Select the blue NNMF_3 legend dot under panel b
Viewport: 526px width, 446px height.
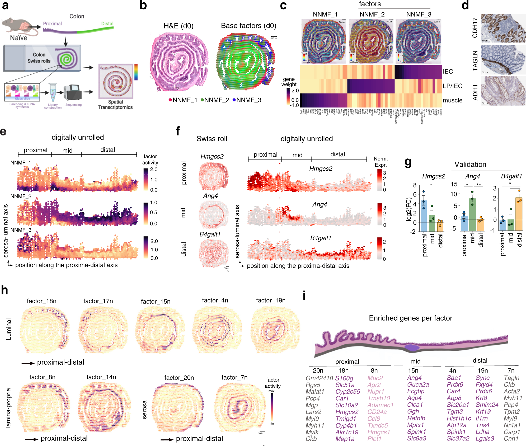click(234, 100)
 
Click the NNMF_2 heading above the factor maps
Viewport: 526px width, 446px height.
click(372, 15)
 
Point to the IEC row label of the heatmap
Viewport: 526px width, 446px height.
click(448, 72)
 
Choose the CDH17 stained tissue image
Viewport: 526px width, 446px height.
click(503, 28)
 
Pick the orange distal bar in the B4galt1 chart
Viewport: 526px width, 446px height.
click(519, 214)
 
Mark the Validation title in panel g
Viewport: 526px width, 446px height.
click(470, 165)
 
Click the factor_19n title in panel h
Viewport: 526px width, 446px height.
click(271, 301)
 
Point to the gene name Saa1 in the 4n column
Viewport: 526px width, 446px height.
click(454, 378)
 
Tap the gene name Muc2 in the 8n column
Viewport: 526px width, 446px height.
click(375, 378)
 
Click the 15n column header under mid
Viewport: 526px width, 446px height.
click(413, 371)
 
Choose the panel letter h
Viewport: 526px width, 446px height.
click(4, 290)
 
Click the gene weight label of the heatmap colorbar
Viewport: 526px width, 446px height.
click(289, 82)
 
